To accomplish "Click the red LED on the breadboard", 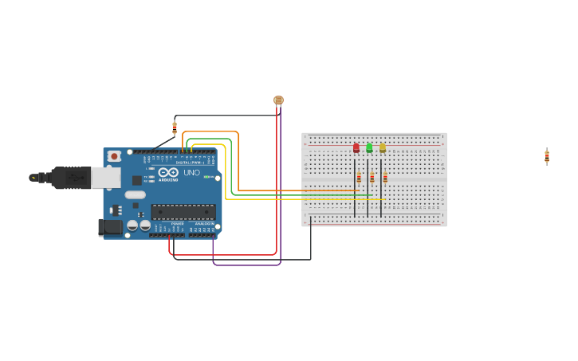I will click(x=356, y=147).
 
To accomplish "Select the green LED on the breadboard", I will click(x=369, y=147).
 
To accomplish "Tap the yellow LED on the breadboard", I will click(x=382, y=147).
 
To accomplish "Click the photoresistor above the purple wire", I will click(x=278, y=100).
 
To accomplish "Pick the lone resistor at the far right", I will click(x=547, y=156).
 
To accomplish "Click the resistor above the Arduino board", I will click(x=175, y=128).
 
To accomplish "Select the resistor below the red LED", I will click(x=359, y=178).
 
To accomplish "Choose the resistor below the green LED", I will click(x=372, y=178).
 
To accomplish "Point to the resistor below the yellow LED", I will click(x=384, y=178).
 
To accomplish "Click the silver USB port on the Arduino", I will click(x=105, y=177).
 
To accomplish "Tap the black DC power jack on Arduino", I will click(x=110, y=227).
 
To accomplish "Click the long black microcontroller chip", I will click(x=183, y=212).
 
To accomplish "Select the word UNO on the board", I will click(x=191, y=172).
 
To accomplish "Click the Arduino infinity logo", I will click(x=168, y=172).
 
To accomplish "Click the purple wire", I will click(x=247, y=265).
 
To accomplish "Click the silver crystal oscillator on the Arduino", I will click(x=136, y=194).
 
